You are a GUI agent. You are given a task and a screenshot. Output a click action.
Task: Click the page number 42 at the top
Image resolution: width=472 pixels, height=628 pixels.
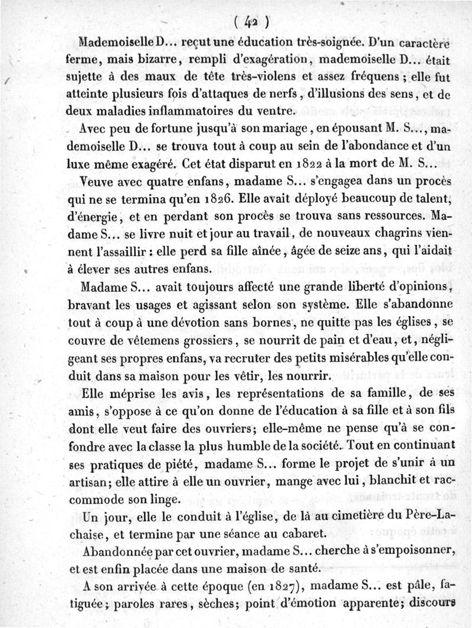click(x=252, y=22)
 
